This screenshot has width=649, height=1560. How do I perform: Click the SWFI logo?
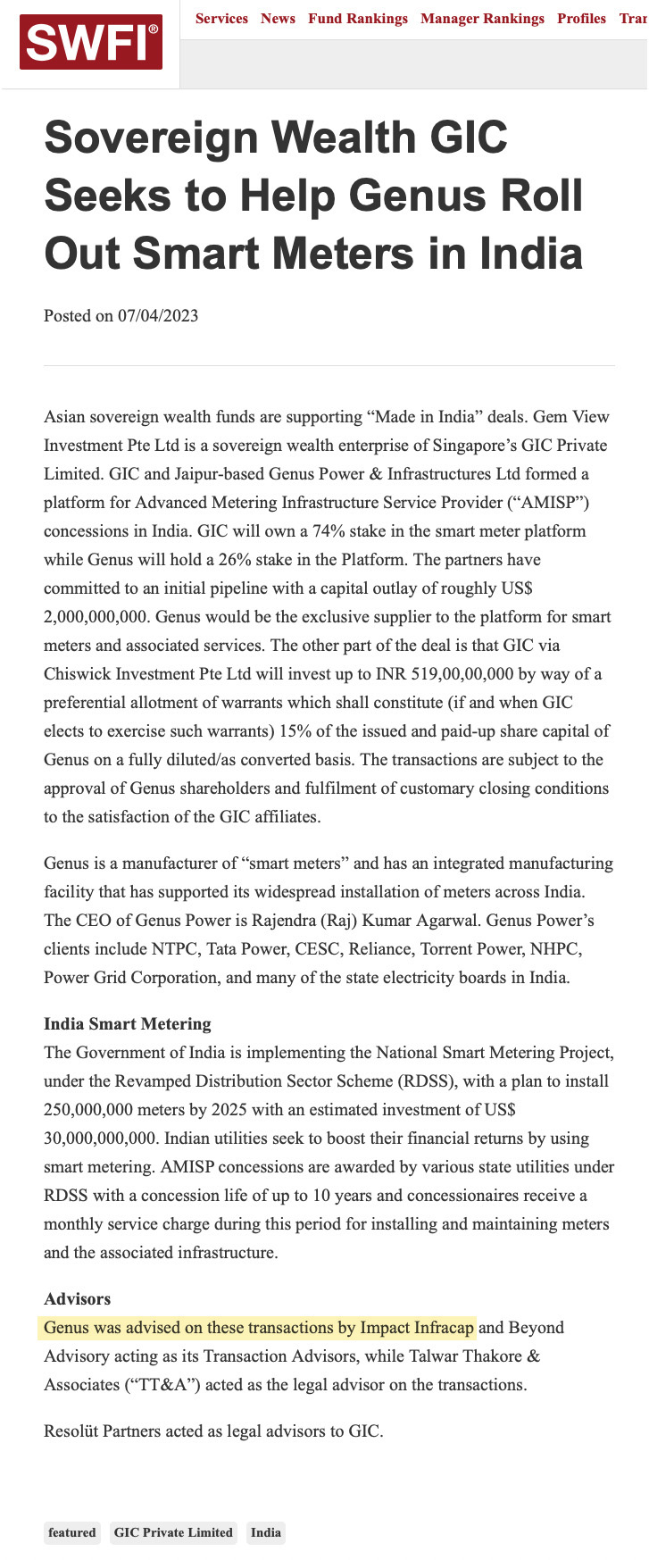pyautogui.click(x=91, y=42)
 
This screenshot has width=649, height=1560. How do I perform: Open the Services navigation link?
pyautogui.click(x=221, y=19)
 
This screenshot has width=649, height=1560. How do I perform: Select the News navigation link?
pyautogui.click(x=278, y=19)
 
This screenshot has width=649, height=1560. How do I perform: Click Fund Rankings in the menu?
pyautogui.click(x=358, y=19)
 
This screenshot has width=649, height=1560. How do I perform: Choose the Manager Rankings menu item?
pyautogui.click(x=482, y=19)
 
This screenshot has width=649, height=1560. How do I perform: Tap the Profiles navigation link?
pyautogui.click(x=581, y=19)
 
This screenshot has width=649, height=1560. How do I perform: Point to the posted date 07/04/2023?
pyautogui.click(x=158, y=316)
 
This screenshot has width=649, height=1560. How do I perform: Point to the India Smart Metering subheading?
pyautogui.click(x=128, y=1024)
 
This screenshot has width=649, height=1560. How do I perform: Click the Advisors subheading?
pyautogui.click(x=77, y=1299)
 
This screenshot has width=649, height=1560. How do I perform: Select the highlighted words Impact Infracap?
pyautogui.click(x=417, y=1328)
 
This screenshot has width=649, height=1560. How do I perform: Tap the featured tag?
pyautogui.click(x=72, y=1532)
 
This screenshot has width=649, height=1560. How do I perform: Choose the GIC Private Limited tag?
pyautogui.click(x=173, y=1532)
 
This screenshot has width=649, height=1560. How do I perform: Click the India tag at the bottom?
pyautogui.click(x=266, y=1532)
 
